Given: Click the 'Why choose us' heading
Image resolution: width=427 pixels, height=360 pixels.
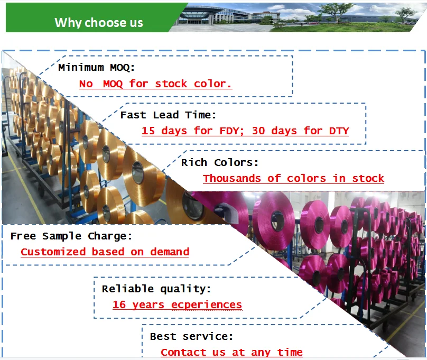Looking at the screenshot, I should click(x=99, y=22).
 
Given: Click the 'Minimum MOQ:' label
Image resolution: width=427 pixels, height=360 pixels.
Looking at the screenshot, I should click(x=97, y=67).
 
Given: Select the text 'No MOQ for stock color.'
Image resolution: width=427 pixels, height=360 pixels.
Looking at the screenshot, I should click(x=155, y=84).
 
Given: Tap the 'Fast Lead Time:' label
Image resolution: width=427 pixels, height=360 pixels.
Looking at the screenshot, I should click(x=169, y=115).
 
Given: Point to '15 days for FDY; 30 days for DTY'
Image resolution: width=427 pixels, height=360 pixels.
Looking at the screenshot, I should click(x=245, y=131).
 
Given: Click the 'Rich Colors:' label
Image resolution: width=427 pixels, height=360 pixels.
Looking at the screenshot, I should click(x=220, y=162).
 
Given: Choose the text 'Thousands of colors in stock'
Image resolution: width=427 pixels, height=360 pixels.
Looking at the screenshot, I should click(x=293, y=178).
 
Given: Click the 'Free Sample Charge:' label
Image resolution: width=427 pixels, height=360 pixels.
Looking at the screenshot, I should click(x=71, y=236).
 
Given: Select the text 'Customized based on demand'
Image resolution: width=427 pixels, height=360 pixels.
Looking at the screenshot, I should click(x=105, y=252).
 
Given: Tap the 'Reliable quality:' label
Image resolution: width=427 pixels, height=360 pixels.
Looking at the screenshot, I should click(x=156, y=289).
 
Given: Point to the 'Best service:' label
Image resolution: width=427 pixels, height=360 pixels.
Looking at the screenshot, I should click(x=191, y=336).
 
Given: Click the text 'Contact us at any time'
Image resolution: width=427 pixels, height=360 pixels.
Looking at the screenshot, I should click(x=231, y=352).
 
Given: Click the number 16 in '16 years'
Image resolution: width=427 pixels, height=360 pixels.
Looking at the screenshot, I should click(x=119, y=304).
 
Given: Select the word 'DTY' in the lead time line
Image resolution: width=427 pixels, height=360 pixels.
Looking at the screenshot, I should click(x=339, y=131).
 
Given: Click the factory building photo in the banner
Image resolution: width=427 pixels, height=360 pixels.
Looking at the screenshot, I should click(x=296, y=16).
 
